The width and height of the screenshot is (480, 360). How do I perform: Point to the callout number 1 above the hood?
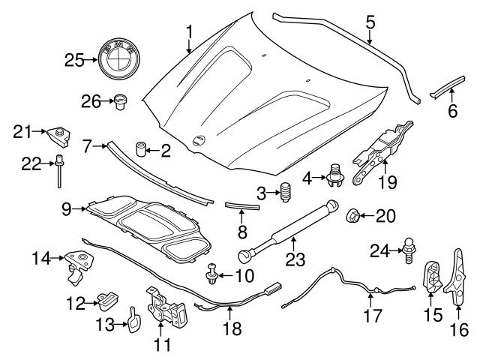click(x=189, y=31)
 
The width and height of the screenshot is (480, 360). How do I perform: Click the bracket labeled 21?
click(x=58, y=136)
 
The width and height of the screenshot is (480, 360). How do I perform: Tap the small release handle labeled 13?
click(x=133, y=319)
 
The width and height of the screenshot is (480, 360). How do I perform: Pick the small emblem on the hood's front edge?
click(x=199, y=139)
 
